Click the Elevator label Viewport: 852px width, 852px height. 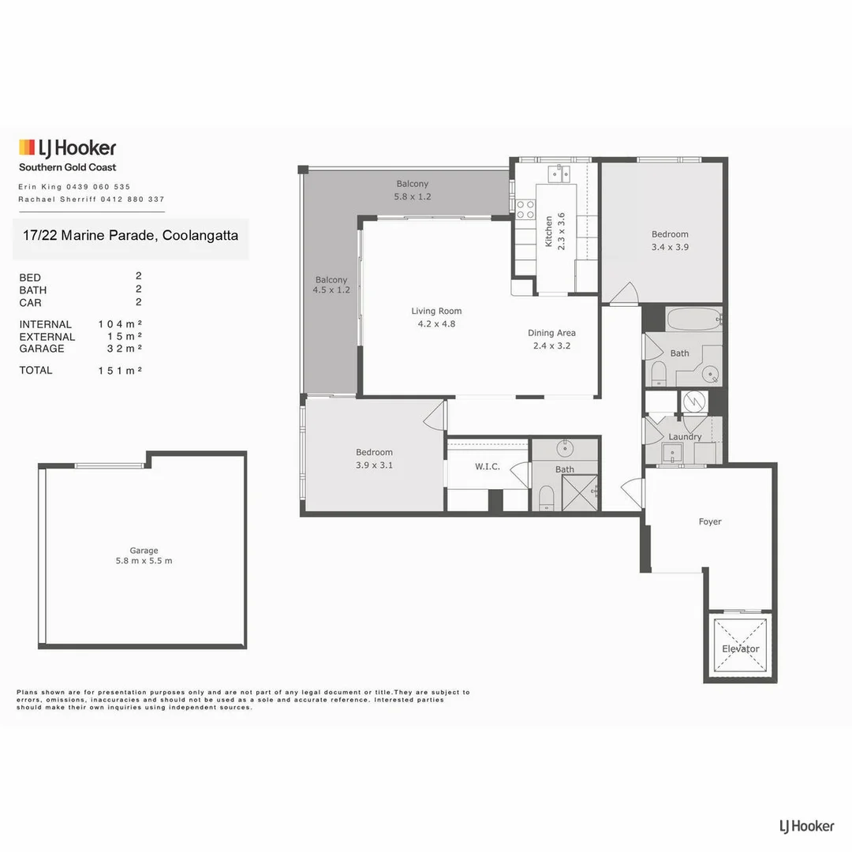click(x=740, y=648)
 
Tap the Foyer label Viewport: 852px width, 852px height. click(x=710, y=521)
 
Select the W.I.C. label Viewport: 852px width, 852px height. click(x=487, y=466)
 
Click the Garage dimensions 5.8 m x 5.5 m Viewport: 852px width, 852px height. click(x=144, y=561)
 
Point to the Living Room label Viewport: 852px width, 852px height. click(x=436, y=311)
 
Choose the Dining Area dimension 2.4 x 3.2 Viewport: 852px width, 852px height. click(x=551, y=346)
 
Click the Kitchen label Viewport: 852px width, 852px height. click(x=548, y=231)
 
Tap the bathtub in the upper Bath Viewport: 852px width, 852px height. click(x=693, y=319)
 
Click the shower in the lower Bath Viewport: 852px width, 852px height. click(x=579, y=493)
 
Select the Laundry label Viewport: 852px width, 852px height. click(x=685, y=436)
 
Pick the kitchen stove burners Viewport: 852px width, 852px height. click(x=525, y=209)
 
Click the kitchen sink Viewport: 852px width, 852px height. click(x=559, y=174)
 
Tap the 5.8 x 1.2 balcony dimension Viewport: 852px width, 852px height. click(x=413, y=196)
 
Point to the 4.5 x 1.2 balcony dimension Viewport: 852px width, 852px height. click(x=331, y=290)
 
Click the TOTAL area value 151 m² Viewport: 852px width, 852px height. click(x=120, y=371)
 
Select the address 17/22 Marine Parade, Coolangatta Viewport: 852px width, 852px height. click(x=130, y=235)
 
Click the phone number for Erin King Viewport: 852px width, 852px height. click(x=99, y=187)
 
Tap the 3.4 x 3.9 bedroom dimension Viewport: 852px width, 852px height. click(x=670, y=247)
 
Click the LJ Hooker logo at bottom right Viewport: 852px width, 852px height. click(x=806, y=827)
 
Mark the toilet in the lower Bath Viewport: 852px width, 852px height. click(x=546, y=497)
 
